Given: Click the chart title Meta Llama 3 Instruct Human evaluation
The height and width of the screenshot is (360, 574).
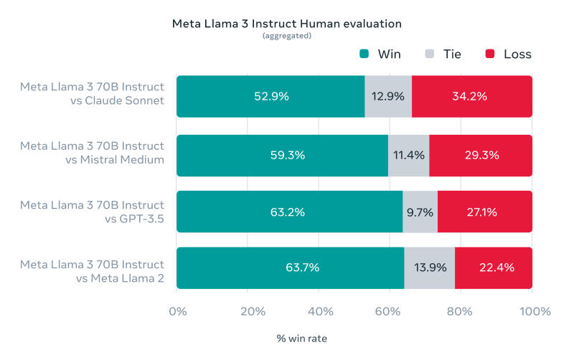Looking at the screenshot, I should pos(286,24).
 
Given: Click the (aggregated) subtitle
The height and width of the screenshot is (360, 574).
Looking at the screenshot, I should pos(286,36).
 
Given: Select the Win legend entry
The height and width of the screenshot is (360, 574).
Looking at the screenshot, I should pos(381,54).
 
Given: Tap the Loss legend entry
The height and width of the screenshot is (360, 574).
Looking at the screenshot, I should pos(509,54).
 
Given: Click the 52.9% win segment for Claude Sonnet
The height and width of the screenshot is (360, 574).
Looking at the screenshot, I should pos(270,96).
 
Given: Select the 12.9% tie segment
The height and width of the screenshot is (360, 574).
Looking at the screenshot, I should pos(388,96).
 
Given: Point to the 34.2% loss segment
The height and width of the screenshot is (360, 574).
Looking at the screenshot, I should pos(471,96).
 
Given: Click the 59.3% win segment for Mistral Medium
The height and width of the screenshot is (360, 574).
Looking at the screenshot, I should pos(282,155).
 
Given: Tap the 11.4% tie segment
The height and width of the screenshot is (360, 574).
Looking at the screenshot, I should pos(408,155).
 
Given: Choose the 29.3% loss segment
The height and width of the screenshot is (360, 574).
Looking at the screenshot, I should pos(480,155).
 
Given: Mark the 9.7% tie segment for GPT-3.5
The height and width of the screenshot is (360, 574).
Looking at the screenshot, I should pos(420,212).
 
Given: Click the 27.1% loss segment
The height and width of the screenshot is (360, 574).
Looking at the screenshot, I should pos(484,212).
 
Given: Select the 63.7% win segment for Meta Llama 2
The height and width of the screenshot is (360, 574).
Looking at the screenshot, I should pos(290,267).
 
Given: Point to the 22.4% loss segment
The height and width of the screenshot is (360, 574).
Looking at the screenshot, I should pos(493,267).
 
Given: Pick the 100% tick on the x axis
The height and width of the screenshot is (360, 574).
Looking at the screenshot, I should pos(532,312).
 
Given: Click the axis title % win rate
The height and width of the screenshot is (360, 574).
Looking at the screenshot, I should pos(302,337).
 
